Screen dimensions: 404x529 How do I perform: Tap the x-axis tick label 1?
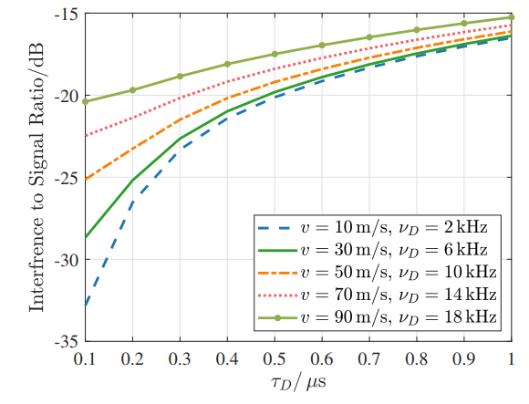(511, 359)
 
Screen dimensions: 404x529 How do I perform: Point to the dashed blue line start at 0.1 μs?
(86, 306)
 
